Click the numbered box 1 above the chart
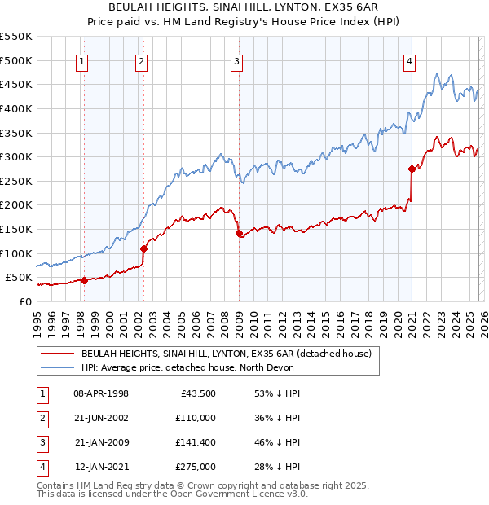coord(83,61)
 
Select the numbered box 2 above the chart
coord(142,61)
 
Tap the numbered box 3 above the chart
coord(236,61)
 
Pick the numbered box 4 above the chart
coord(409,61)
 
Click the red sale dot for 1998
coord(84,280)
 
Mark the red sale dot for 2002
coord(144,248)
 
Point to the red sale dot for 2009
coord(239,234)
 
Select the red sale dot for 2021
coord(412,169)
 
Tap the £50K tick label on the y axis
coord(20,278)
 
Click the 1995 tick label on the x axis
coord(37,320)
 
